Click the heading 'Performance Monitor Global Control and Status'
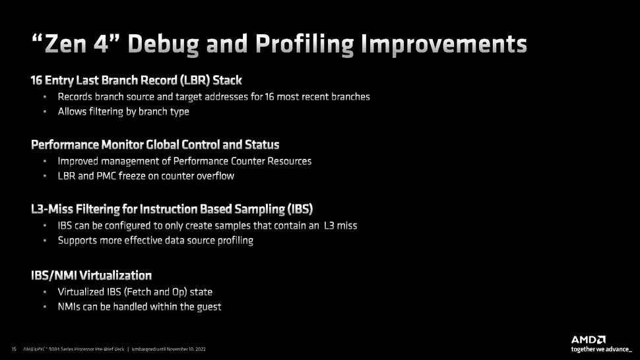pyautogui.click(x=155, y=144)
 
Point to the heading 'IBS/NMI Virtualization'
pyautogui.click(x=91, y=275)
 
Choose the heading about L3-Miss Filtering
pyautogui.click(x=172, y=209)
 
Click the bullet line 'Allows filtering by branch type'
pyautogui.click(x=123, y=111)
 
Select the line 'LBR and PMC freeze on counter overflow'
pyautogui.click(x=146, y=176)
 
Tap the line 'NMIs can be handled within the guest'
pyautogui.click(x=139, y=307)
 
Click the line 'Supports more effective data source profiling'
pyautogui.click(x=156, y=240)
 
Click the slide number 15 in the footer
pyautogui.click(x=14, y=348)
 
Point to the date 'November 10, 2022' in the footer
pyautogui.click(x=189, y=348)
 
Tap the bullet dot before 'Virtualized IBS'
pyautogui.click(x=44, y=291)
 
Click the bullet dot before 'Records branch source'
pyautogui.click(x=44, y=96)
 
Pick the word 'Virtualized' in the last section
pyautogui.click(x=82, y=291)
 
